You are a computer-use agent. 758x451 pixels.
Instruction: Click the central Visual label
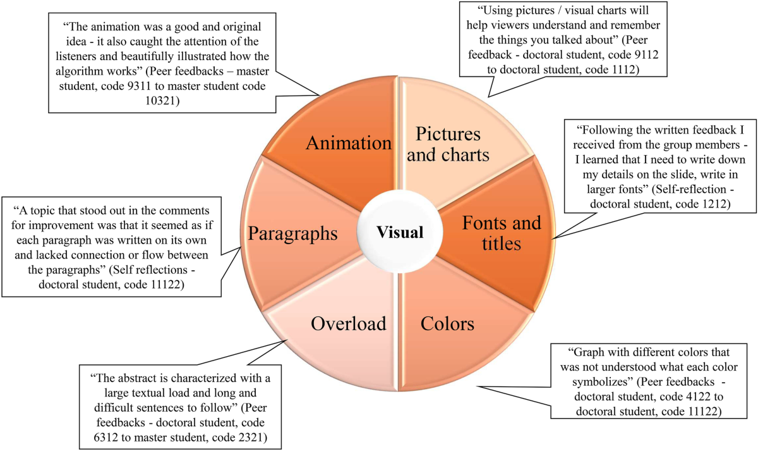pos(400,232)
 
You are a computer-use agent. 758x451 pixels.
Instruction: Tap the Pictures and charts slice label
pos(448,144)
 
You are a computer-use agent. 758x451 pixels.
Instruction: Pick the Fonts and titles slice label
pos(502,233)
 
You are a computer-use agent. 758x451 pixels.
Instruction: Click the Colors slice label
pos(447,324)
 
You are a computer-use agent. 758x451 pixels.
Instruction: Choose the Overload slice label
pos(348,324)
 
